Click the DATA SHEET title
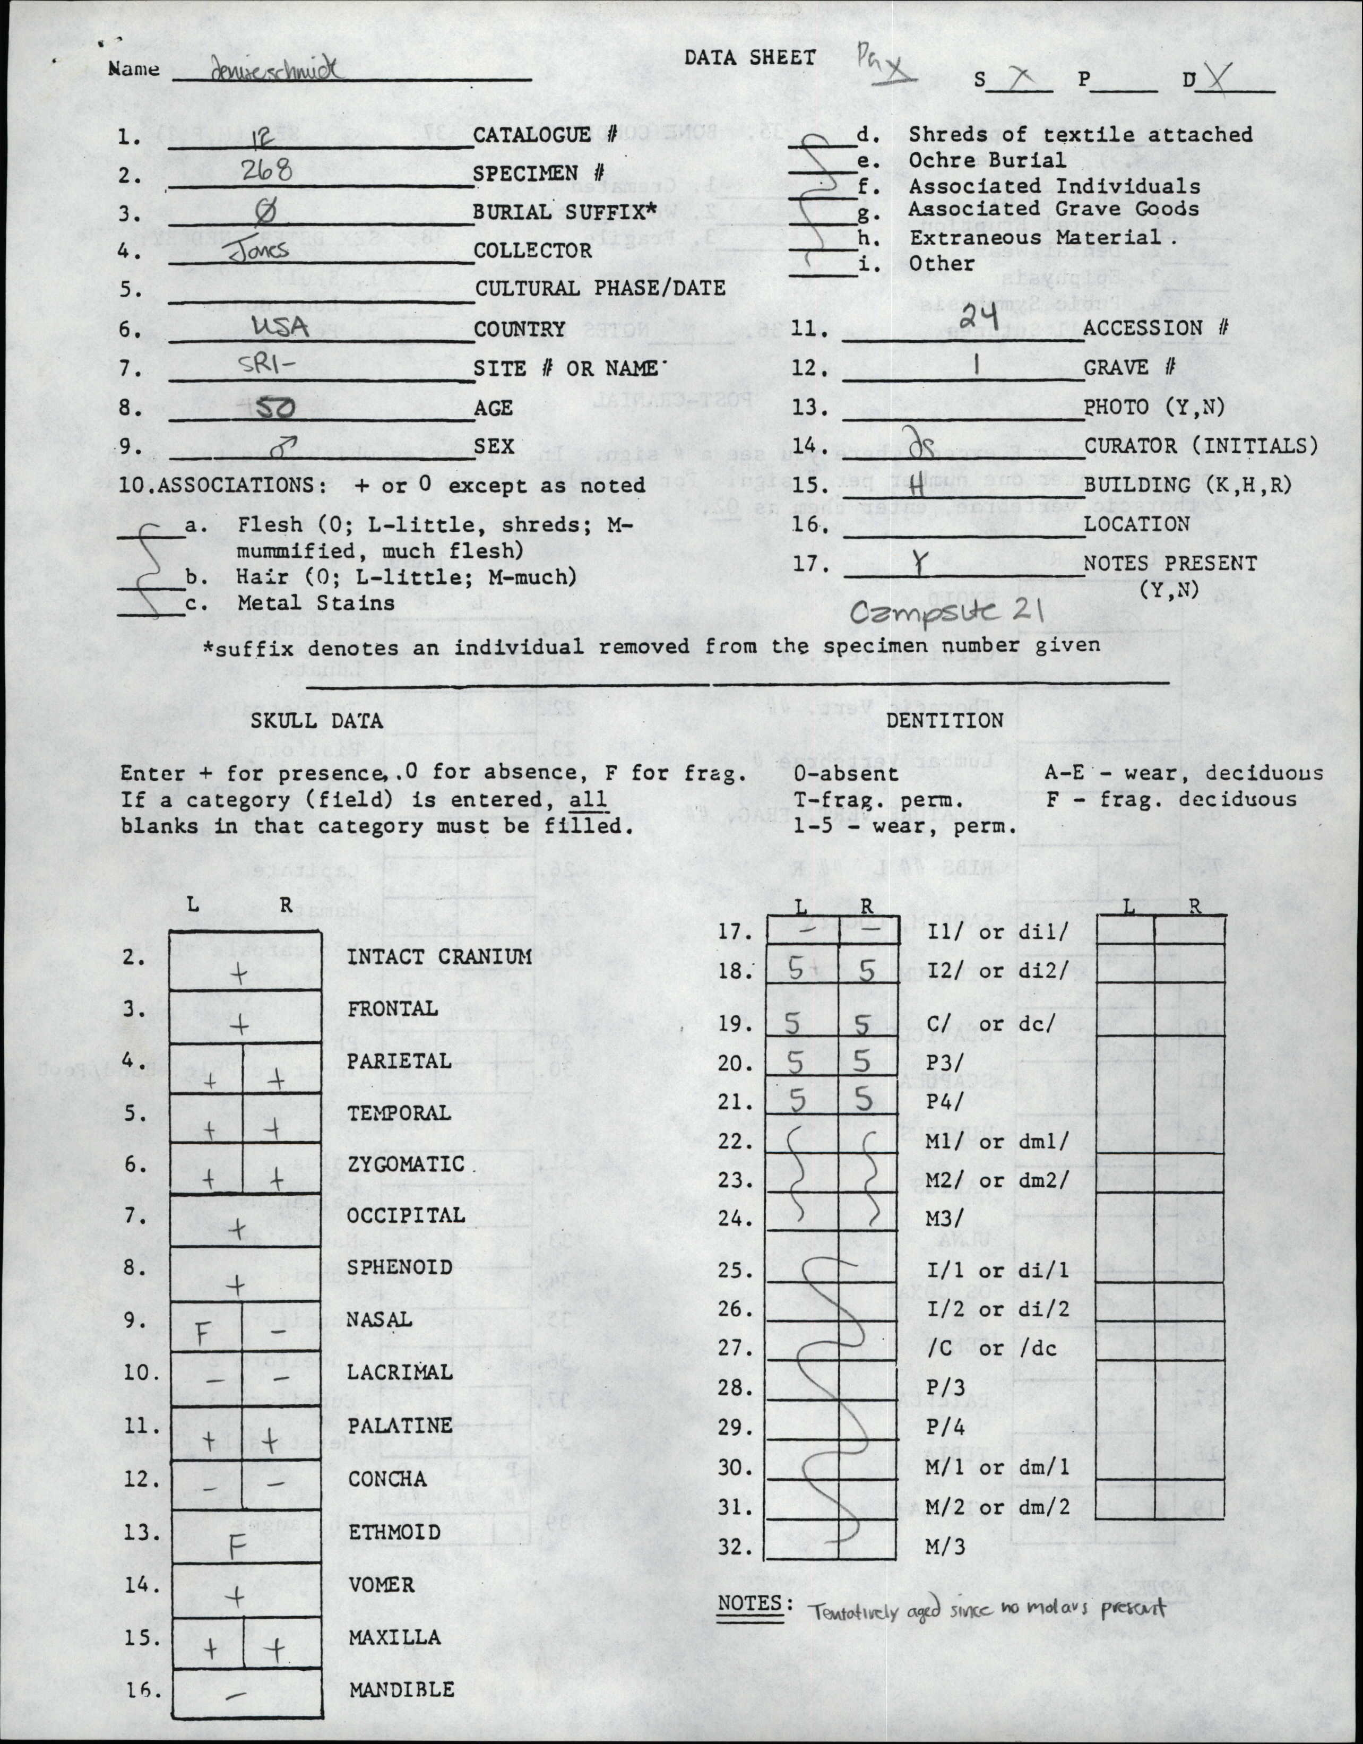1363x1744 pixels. tap(750, 57)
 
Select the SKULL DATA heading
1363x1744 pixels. tap(317, 720)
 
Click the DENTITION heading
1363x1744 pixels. tap(945, 720)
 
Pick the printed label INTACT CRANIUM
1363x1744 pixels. tap(439, 956)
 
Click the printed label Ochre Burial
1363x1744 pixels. tap(987, 160)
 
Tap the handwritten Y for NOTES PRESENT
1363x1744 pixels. tap(921, 565)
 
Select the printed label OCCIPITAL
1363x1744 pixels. tap(406, 1215)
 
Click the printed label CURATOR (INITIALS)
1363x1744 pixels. tap(1200, 446)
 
